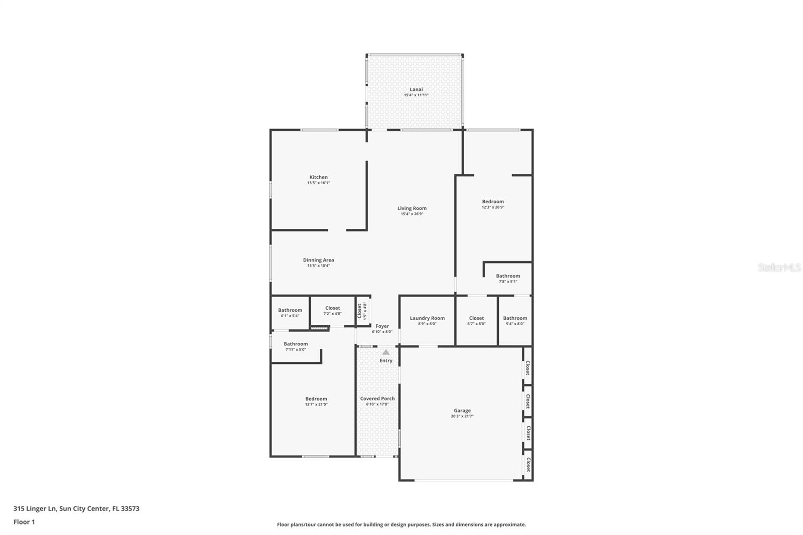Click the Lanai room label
click(x=416, y=89)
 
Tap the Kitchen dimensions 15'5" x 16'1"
click(x=318, y=183)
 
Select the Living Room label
click(x=412, y=208)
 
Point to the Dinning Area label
click(x=318, y=260)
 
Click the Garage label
click(x=462, y=411)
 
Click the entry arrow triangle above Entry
click(x=385, y=352)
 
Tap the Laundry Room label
click(x=427, y=318)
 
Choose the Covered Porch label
click(x=377, y=398)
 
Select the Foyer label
click(x=382, y=326)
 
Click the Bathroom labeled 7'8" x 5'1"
click(x=508, y=276)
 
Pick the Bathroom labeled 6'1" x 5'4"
click(x=290, y=310)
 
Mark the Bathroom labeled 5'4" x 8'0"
click(x=515, y=318)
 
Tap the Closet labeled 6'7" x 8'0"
click(x=476, y=318)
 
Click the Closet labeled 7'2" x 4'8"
click(x=332, y=308)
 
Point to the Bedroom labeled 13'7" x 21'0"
click(x=316, y=399)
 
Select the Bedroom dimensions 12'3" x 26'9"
click(x=492, y=207)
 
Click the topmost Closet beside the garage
click(x=527, y=368)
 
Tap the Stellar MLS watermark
click(x=779, y=268)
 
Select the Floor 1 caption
click(x=24, y=522)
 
